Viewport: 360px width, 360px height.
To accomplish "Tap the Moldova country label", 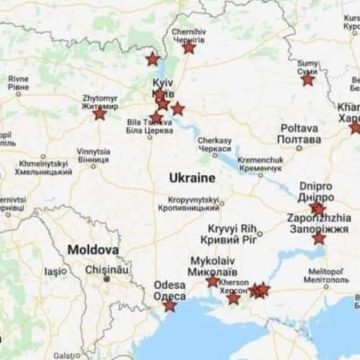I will pyautogui.click(x=93, y=249).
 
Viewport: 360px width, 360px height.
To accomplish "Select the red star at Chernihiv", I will pyautogui.click(x=189, y=47).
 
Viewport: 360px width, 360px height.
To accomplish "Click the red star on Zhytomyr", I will pyautogui.click(x=99, y=113).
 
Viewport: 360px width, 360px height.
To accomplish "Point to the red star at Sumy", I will pyautogui.click(x=307, y=78).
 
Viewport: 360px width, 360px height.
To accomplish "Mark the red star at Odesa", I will pyautogui.click(x=169, y=304).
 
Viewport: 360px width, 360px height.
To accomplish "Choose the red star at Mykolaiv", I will pyautogui.click(x=212, y=281).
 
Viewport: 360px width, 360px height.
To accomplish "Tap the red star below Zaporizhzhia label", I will pyautogui.click(x=318, y=237).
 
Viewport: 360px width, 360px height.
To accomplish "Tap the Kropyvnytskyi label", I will pyautogui.click(x=194, y=204).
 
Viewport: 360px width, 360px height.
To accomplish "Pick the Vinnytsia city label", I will pyautogui.click(x=93, y=155).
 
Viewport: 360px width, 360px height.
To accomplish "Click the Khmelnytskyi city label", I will pyautogui.click(x=42, y=166).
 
